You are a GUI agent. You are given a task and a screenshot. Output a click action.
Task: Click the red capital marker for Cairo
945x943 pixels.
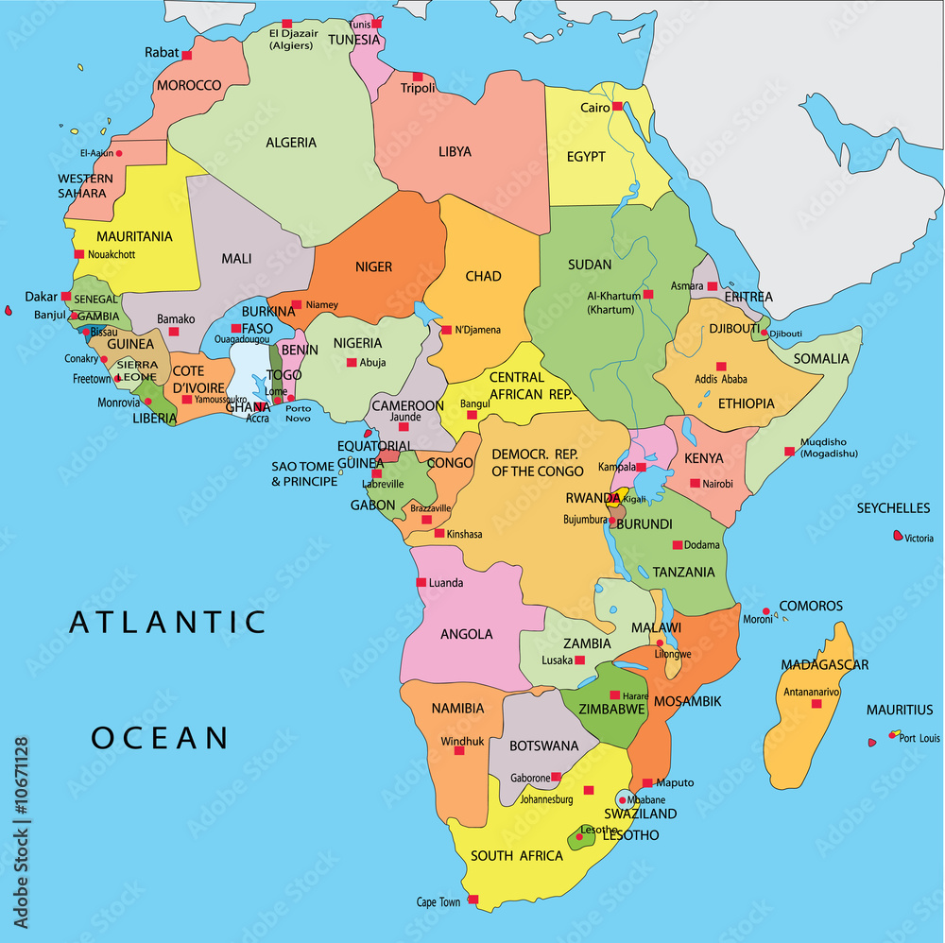[617, 107]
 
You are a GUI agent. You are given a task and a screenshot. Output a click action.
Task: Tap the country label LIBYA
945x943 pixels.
[455, 151]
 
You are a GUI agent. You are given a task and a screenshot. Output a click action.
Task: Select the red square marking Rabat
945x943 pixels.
[187, 55]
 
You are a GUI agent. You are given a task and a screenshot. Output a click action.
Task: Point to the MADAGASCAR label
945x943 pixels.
[824, 665]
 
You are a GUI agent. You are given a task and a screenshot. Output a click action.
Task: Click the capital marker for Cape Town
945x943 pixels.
[472, 900]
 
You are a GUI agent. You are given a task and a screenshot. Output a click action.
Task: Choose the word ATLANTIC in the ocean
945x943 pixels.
[168, 622]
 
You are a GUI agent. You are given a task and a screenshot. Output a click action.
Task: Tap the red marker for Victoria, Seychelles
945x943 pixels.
[898, 536]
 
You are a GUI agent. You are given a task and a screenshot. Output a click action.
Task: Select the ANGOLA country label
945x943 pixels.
[467, 634]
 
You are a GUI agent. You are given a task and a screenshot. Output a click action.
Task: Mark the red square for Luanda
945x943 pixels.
[421, 582]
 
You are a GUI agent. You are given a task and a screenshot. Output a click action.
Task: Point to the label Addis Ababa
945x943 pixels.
[721, 379]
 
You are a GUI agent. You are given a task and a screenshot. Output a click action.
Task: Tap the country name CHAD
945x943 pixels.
[483, 277]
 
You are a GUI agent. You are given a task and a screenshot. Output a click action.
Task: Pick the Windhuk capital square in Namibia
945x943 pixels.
[459, 750]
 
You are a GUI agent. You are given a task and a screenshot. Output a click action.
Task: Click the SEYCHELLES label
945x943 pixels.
[893, 508]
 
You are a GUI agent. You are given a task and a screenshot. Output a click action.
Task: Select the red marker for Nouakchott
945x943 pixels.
[79, 254]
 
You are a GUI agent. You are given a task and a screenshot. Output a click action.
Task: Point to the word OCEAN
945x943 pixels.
[160, 738]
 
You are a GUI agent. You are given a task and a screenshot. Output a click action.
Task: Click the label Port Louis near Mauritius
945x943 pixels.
[919, 738]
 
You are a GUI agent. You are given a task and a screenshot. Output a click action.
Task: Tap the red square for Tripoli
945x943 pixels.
[418, 77]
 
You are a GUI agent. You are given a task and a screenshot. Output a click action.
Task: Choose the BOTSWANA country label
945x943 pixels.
[543, 746]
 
